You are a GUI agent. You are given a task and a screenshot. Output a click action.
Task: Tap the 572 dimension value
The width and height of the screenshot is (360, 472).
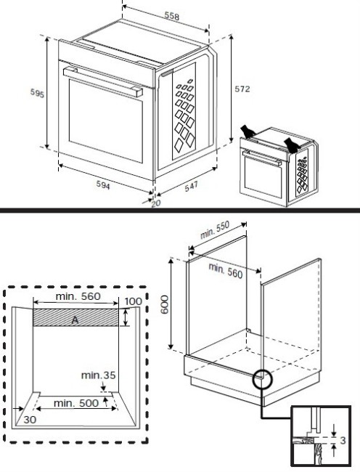pyautogui.click(x=242, y=89)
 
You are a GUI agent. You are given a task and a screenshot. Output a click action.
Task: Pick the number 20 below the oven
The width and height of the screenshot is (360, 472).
pyautogui.click(x=155, y=204)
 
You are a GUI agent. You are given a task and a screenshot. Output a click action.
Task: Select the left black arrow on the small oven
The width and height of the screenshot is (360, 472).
pyautogui.click(x=248, y=130)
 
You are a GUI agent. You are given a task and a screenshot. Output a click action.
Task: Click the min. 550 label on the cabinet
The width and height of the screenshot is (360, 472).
pyautogui.click(x=214, y=231)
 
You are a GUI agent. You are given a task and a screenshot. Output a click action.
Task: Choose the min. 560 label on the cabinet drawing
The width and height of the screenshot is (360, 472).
pyautogui.click(x=226, y=270)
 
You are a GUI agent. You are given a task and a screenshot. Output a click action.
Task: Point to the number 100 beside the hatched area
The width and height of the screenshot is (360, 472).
pyautogui.click(x=133, y=301)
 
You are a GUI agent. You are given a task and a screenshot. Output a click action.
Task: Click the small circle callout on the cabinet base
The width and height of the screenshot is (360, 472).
pyautogui.click(x=261, y=379)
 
